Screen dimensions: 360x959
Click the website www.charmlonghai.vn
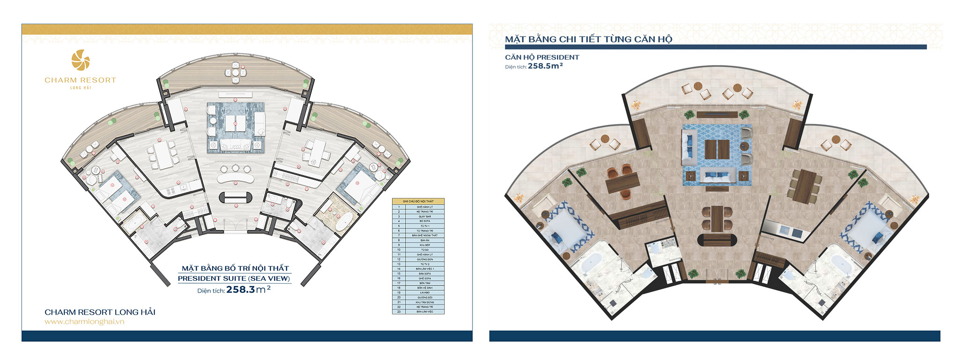coord(84,322)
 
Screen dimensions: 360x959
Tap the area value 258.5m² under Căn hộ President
coord(545,66)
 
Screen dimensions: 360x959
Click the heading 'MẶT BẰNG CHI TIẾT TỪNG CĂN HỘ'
coord(588,39)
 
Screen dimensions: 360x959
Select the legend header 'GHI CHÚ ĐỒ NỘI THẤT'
coord(418,201)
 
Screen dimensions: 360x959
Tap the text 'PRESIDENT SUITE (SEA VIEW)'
coord(234,279)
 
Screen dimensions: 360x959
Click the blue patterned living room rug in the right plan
coord(716,154)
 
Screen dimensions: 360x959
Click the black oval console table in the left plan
coord(236,198)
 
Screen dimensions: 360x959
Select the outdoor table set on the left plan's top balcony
coord(235,73)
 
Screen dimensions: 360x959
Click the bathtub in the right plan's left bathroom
coord(592,262)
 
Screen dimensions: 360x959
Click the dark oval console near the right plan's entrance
coord(716,241)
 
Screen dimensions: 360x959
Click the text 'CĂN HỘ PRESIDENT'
coord(542,57)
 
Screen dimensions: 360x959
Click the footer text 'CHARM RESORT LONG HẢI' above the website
coord(100,312)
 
